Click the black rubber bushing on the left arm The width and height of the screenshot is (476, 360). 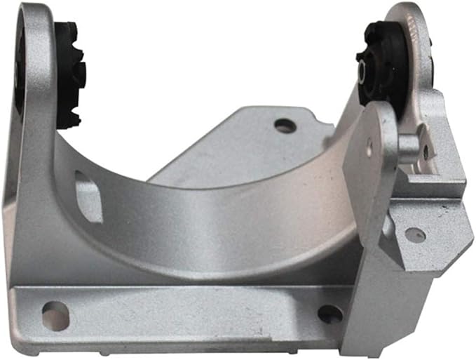point(70,74)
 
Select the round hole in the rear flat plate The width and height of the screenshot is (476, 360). point(285,126)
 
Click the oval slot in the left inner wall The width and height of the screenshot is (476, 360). point(89,196)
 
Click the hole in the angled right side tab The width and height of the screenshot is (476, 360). point(415,235)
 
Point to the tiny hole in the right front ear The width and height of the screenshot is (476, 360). point(369,148)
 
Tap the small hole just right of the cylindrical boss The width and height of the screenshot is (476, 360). point(426,151)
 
